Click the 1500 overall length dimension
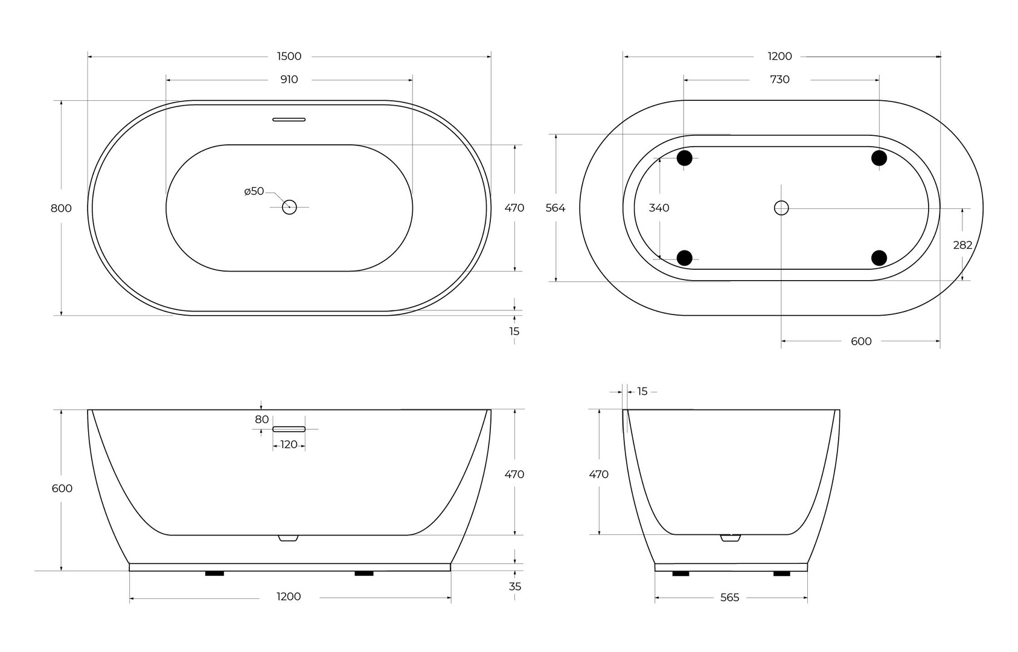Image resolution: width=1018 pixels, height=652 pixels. coord(289,56)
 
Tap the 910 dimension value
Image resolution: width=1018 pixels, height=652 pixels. coord(289,80)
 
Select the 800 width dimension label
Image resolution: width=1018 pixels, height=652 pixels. coord(61,208)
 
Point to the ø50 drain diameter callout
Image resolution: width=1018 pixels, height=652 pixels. coord(254,191)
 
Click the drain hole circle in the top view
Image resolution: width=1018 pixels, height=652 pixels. coord(289,207)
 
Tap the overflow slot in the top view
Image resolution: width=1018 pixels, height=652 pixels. coord(289,120)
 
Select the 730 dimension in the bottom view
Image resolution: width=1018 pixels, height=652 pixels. coord(780,80)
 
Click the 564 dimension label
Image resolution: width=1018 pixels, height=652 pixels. coord(555,208)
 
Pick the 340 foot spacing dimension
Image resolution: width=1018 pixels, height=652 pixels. coord(659,208)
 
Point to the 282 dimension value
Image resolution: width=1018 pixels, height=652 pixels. coord(962,245)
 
